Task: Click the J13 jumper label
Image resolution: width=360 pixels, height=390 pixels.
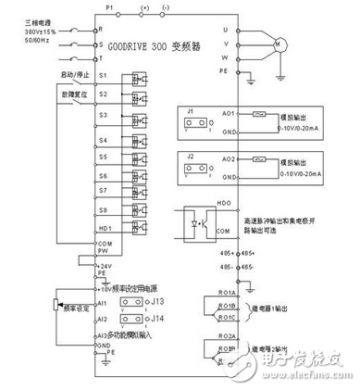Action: click(158, 302)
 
